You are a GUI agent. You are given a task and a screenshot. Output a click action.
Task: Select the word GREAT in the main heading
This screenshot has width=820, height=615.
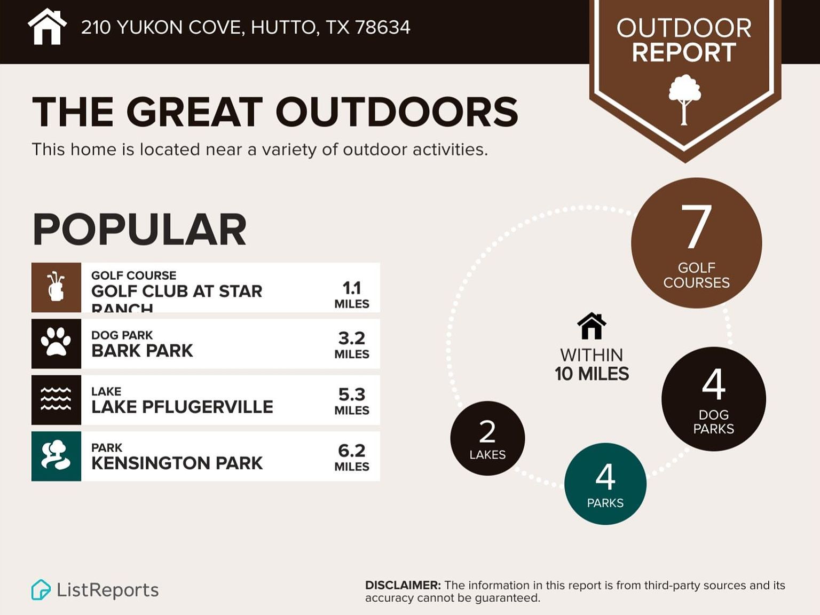[x=195, y=112]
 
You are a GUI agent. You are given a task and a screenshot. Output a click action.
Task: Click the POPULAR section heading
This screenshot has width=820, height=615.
[x=140, y=230]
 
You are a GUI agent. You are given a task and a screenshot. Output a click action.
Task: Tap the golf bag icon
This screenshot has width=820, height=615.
[x=56, y=287]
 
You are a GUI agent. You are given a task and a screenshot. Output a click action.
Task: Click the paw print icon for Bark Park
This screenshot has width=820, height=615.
[x=56, y=342]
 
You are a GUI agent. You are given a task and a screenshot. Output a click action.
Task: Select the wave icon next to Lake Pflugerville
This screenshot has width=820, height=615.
[x=56, y=399]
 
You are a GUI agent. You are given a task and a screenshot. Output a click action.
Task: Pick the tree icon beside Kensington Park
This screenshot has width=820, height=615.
[x=56, y=455]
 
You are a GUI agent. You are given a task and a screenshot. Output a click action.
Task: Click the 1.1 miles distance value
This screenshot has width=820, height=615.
[x=351, y=288]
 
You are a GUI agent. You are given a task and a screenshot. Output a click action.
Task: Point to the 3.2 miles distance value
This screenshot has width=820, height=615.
[x=351, y=338]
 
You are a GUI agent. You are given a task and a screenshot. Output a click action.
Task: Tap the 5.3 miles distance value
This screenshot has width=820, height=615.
[x=351, y=395]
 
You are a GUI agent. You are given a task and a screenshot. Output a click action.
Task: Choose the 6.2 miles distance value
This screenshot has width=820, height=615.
[x=351, y=451]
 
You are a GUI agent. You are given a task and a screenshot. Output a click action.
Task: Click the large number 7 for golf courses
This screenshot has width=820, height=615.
[x=696, y=227]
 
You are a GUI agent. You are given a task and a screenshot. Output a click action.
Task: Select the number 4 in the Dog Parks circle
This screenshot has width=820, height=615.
[x=713, y=384]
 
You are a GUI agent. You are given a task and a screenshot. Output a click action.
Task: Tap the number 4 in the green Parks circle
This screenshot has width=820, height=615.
[x=605, y=477]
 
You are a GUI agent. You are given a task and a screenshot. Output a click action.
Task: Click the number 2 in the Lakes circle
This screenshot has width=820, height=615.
[x=487, y=432]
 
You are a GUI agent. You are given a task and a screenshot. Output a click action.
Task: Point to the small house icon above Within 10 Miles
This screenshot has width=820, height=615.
[x=592, y=326]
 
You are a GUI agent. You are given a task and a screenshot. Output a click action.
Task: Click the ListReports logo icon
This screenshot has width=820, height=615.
[x=41, y=590]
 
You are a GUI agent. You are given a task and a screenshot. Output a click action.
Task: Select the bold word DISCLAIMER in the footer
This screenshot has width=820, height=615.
[x=403, y=586]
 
